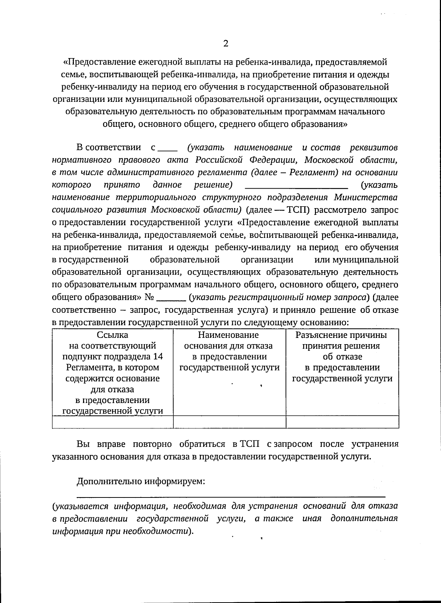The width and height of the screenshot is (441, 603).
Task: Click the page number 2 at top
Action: [226, 44]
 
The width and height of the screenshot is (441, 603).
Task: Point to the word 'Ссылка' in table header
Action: [112, 335]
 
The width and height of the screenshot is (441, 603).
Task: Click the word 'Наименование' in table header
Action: [228, 335]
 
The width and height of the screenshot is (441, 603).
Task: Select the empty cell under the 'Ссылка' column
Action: [112, 422]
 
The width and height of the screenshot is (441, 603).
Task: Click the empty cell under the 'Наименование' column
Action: [229, 422]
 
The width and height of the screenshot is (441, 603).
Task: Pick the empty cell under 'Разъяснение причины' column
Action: [342, 422]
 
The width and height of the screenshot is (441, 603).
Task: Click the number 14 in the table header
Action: [158, 357]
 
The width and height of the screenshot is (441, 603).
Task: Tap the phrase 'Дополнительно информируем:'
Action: [141, 481]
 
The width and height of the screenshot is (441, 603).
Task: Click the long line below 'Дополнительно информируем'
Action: [231, 496]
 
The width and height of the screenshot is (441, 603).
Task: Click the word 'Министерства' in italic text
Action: [366, 197]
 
